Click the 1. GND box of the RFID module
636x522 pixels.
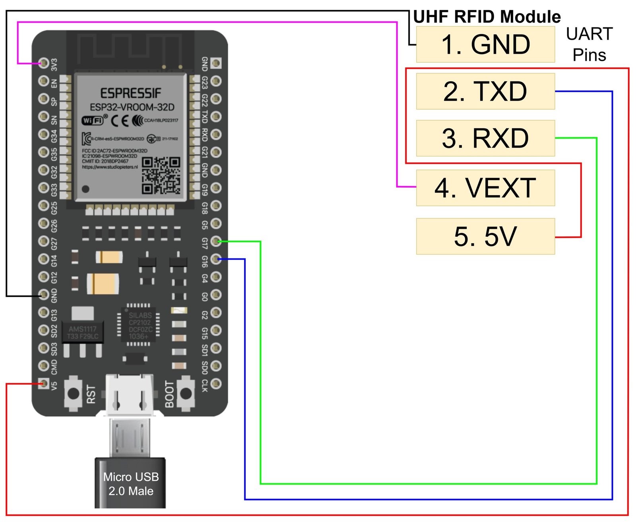485,44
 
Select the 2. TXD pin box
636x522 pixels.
485,91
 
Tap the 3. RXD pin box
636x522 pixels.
485,138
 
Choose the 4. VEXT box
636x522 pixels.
485,188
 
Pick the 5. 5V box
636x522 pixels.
485,236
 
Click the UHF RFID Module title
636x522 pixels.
487,17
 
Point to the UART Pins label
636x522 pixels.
589,44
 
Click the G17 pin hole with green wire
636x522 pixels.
216,241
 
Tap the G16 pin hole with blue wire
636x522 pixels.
216,259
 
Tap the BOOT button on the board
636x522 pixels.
186,394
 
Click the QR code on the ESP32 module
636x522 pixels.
161,175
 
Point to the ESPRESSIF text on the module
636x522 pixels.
131,93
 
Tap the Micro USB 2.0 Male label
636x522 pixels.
131,484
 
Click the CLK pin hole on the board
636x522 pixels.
216,384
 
